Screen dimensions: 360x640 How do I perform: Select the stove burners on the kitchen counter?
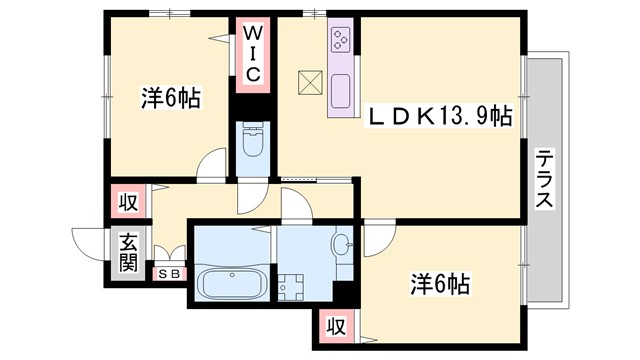click(x=340, y=39)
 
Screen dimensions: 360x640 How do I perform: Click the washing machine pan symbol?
click(x=292, y=286)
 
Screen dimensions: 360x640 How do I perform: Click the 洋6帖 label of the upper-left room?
click(x=170, y=98)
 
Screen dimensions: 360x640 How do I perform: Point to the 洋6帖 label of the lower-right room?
click(x=441, y=283)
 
